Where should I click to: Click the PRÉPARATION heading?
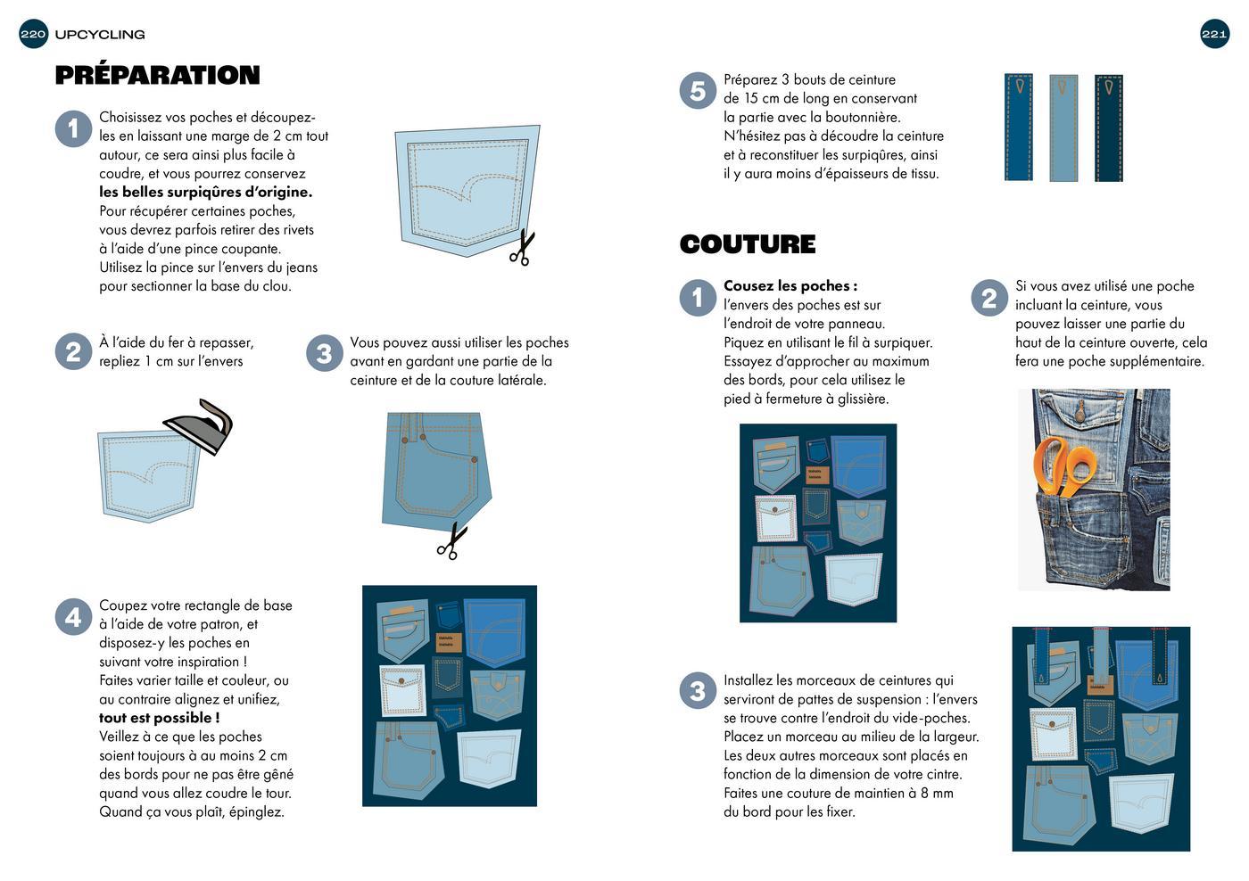click(x=157, y=75)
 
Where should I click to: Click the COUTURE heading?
click(x=748, y=244)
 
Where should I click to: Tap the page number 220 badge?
click(x=33, y=34)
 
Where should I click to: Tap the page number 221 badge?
click(x=1214, y=34)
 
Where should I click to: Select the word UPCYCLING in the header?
click(x=100, y=35)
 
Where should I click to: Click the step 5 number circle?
click(x=698, y=90)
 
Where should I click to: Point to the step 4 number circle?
click(x=73, y=617)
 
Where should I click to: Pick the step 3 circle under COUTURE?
click(x=698, y=691)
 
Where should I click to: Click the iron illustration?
click(x=198, y=425)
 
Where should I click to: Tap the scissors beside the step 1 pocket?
click(x=522, y=248)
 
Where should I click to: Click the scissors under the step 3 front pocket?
click(x=451, y=541)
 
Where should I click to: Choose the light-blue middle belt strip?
click(x=1063, y=128)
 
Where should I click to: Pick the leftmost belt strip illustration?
click(x=1019, y=128)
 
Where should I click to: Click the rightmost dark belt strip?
click(x=1109, y=128)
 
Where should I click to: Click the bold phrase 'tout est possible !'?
click(x=160, y=718)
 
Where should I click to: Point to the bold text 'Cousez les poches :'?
click(x=790, y=286)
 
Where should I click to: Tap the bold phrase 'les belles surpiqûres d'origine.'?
click(x=206, y=192)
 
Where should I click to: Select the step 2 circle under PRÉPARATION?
click(x=73, y=351)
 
